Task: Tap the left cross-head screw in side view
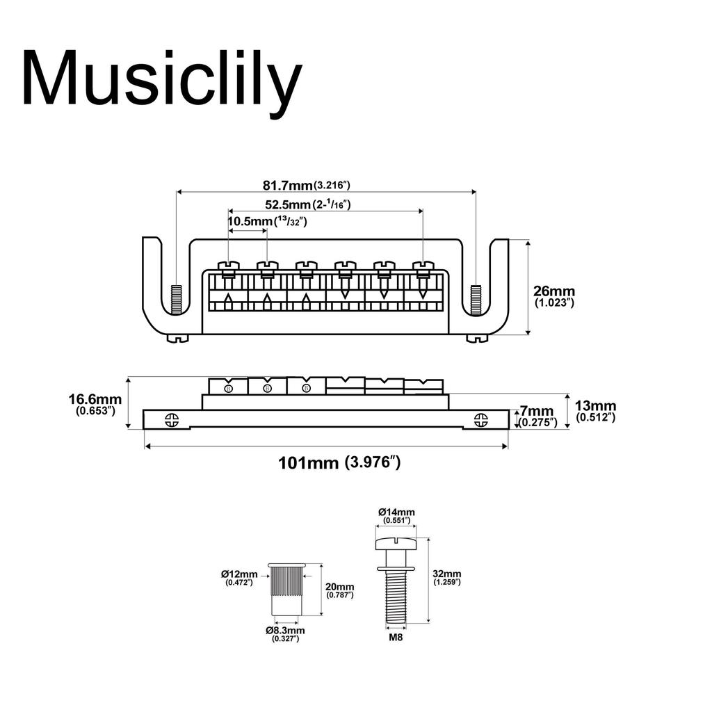coord(172,419)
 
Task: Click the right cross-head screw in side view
coord(480,419)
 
